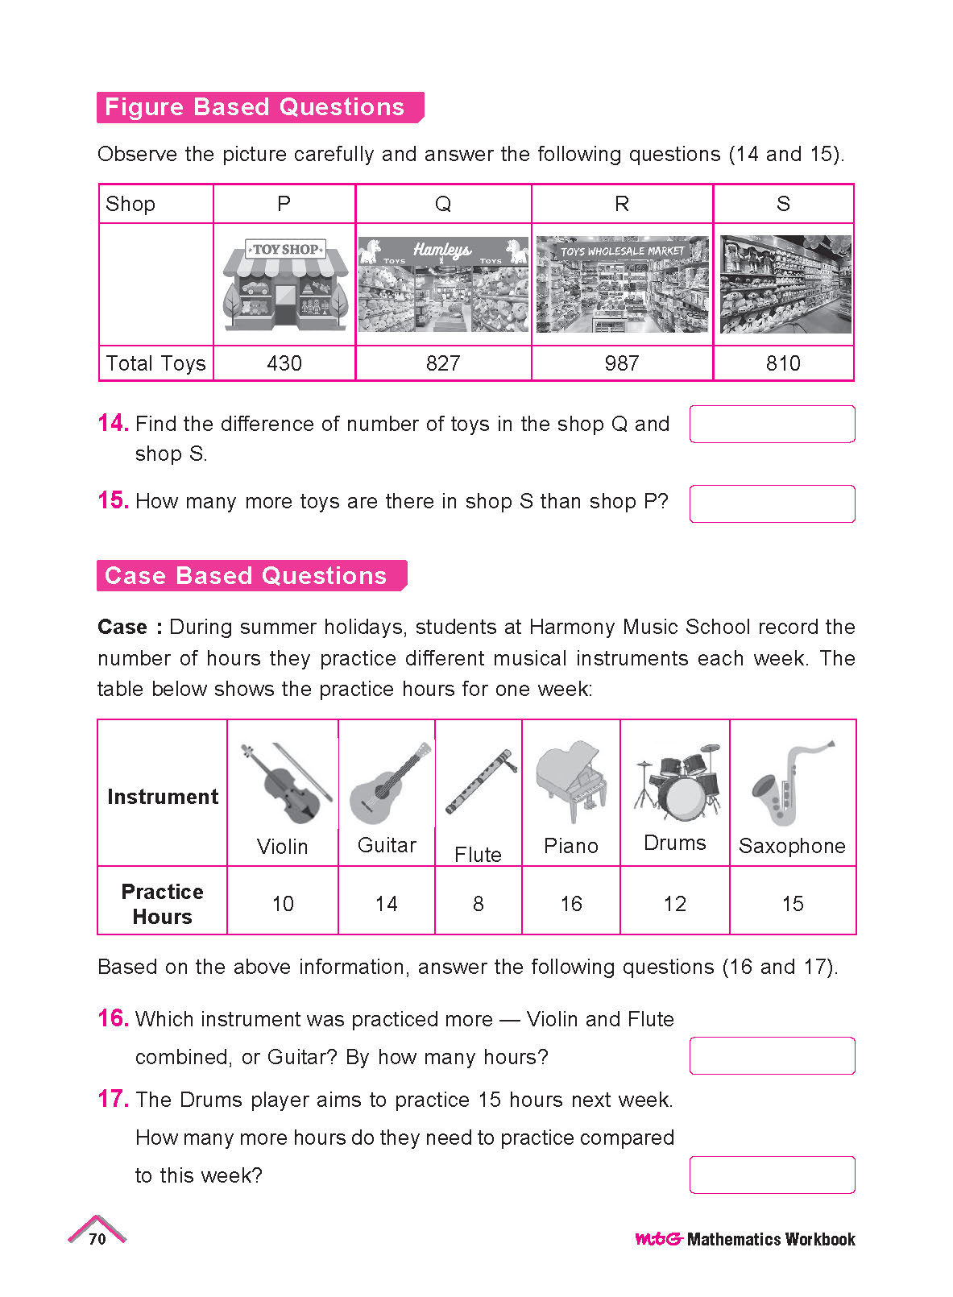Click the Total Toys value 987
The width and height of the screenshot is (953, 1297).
(621, 363)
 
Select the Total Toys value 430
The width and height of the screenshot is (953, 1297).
(284, 363)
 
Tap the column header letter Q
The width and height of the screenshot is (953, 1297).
(443, 204)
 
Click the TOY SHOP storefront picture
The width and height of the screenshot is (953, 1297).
(285, 284)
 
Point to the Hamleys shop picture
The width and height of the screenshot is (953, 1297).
(443, 284)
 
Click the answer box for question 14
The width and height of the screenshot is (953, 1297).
(772, 425)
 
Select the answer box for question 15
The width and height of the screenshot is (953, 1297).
(772, 503)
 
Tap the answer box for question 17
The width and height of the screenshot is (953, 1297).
(772, 1175)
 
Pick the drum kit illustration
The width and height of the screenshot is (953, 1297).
(677, 781)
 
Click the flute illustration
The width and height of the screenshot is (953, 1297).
(479, 781)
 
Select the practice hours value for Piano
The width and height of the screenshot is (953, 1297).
(571, 904)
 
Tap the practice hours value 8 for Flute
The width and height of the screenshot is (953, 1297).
(479, 904)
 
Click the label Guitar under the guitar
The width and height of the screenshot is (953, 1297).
(387, 845)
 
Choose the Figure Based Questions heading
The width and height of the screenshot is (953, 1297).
(256, 107)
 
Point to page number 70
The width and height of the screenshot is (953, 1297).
(97, 1239)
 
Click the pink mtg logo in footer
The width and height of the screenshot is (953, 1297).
(658, 1239)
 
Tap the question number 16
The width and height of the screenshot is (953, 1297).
(113, 1018)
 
